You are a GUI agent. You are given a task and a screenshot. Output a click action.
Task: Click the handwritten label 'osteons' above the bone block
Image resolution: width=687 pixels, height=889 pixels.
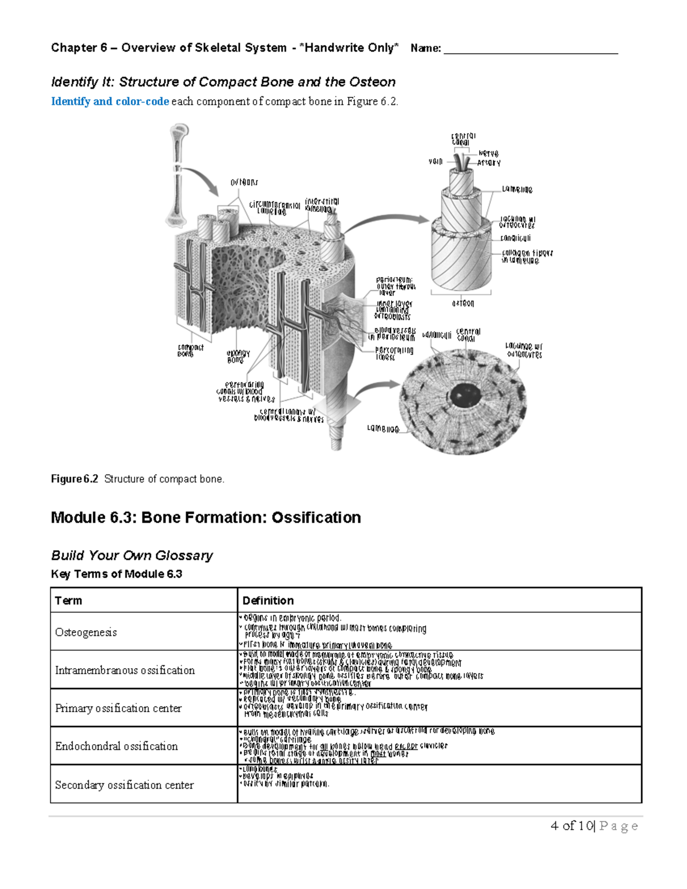click(x=244, y=182)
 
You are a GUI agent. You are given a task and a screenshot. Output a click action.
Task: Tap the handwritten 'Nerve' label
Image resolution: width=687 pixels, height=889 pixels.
click(x=488, y=153)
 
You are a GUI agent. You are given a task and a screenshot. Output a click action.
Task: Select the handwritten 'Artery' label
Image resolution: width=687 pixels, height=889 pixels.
click(x=489, y=163)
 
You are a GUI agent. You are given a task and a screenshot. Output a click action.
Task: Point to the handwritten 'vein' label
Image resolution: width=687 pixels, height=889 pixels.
click(x=436, y=162)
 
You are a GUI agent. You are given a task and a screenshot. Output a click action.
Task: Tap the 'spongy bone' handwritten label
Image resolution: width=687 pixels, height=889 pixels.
click(x=238, y=357)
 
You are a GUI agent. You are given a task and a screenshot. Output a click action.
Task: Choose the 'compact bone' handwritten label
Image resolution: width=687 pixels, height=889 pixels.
click(x=190, y=350)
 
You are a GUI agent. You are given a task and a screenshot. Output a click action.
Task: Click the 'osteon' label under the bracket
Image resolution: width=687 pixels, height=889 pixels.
click(x=463, y=303)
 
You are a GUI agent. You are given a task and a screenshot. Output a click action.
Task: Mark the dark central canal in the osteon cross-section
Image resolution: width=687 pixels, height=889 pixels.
click(x=461, y=394)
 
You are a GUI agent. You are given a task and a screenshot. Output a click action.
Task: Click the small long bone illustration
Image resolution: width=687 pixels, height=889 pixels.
click(x=179, y=175)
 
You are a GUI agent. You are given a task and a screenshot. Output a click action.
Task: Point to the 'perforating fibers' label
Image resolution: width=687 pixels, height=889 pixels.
click(x=394, y=353)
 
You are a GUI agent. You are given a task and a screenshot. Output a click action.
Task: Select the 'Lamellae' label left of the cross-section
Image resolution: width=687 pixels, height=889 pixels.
click(x=382, y=429)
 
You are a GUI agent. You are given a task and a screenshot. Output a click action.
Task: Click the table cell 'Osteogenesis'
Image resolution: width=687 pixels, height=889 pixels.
click(x=86, y=632)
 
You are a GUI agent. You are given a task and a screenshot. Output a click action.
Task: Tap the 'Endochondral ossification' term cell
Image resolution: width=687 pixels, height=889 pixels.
click(x=116, y=746)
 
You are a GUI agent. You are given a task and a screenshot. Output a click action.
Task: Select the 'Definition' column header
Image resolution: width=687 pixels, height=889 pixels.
click(x=268, y=600)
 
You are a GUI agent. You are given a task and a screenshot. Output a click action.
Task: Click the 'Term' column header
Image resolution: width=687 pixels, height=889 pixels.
click(x=68, y=600)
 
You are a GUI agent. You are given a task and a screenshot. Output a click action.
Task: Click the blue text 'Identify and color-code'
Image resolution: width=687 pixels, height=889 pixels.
click(x=110, y=101)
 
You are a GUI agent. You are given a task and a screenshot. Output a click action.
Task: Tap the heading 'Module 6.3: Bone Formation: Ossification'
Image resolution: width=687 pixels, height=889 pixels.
click(x=206, y=517)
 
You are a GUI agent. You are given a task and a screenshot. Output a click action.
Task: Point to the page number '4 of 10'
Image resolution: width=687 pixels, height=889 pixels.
click(x=571, y=825)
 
